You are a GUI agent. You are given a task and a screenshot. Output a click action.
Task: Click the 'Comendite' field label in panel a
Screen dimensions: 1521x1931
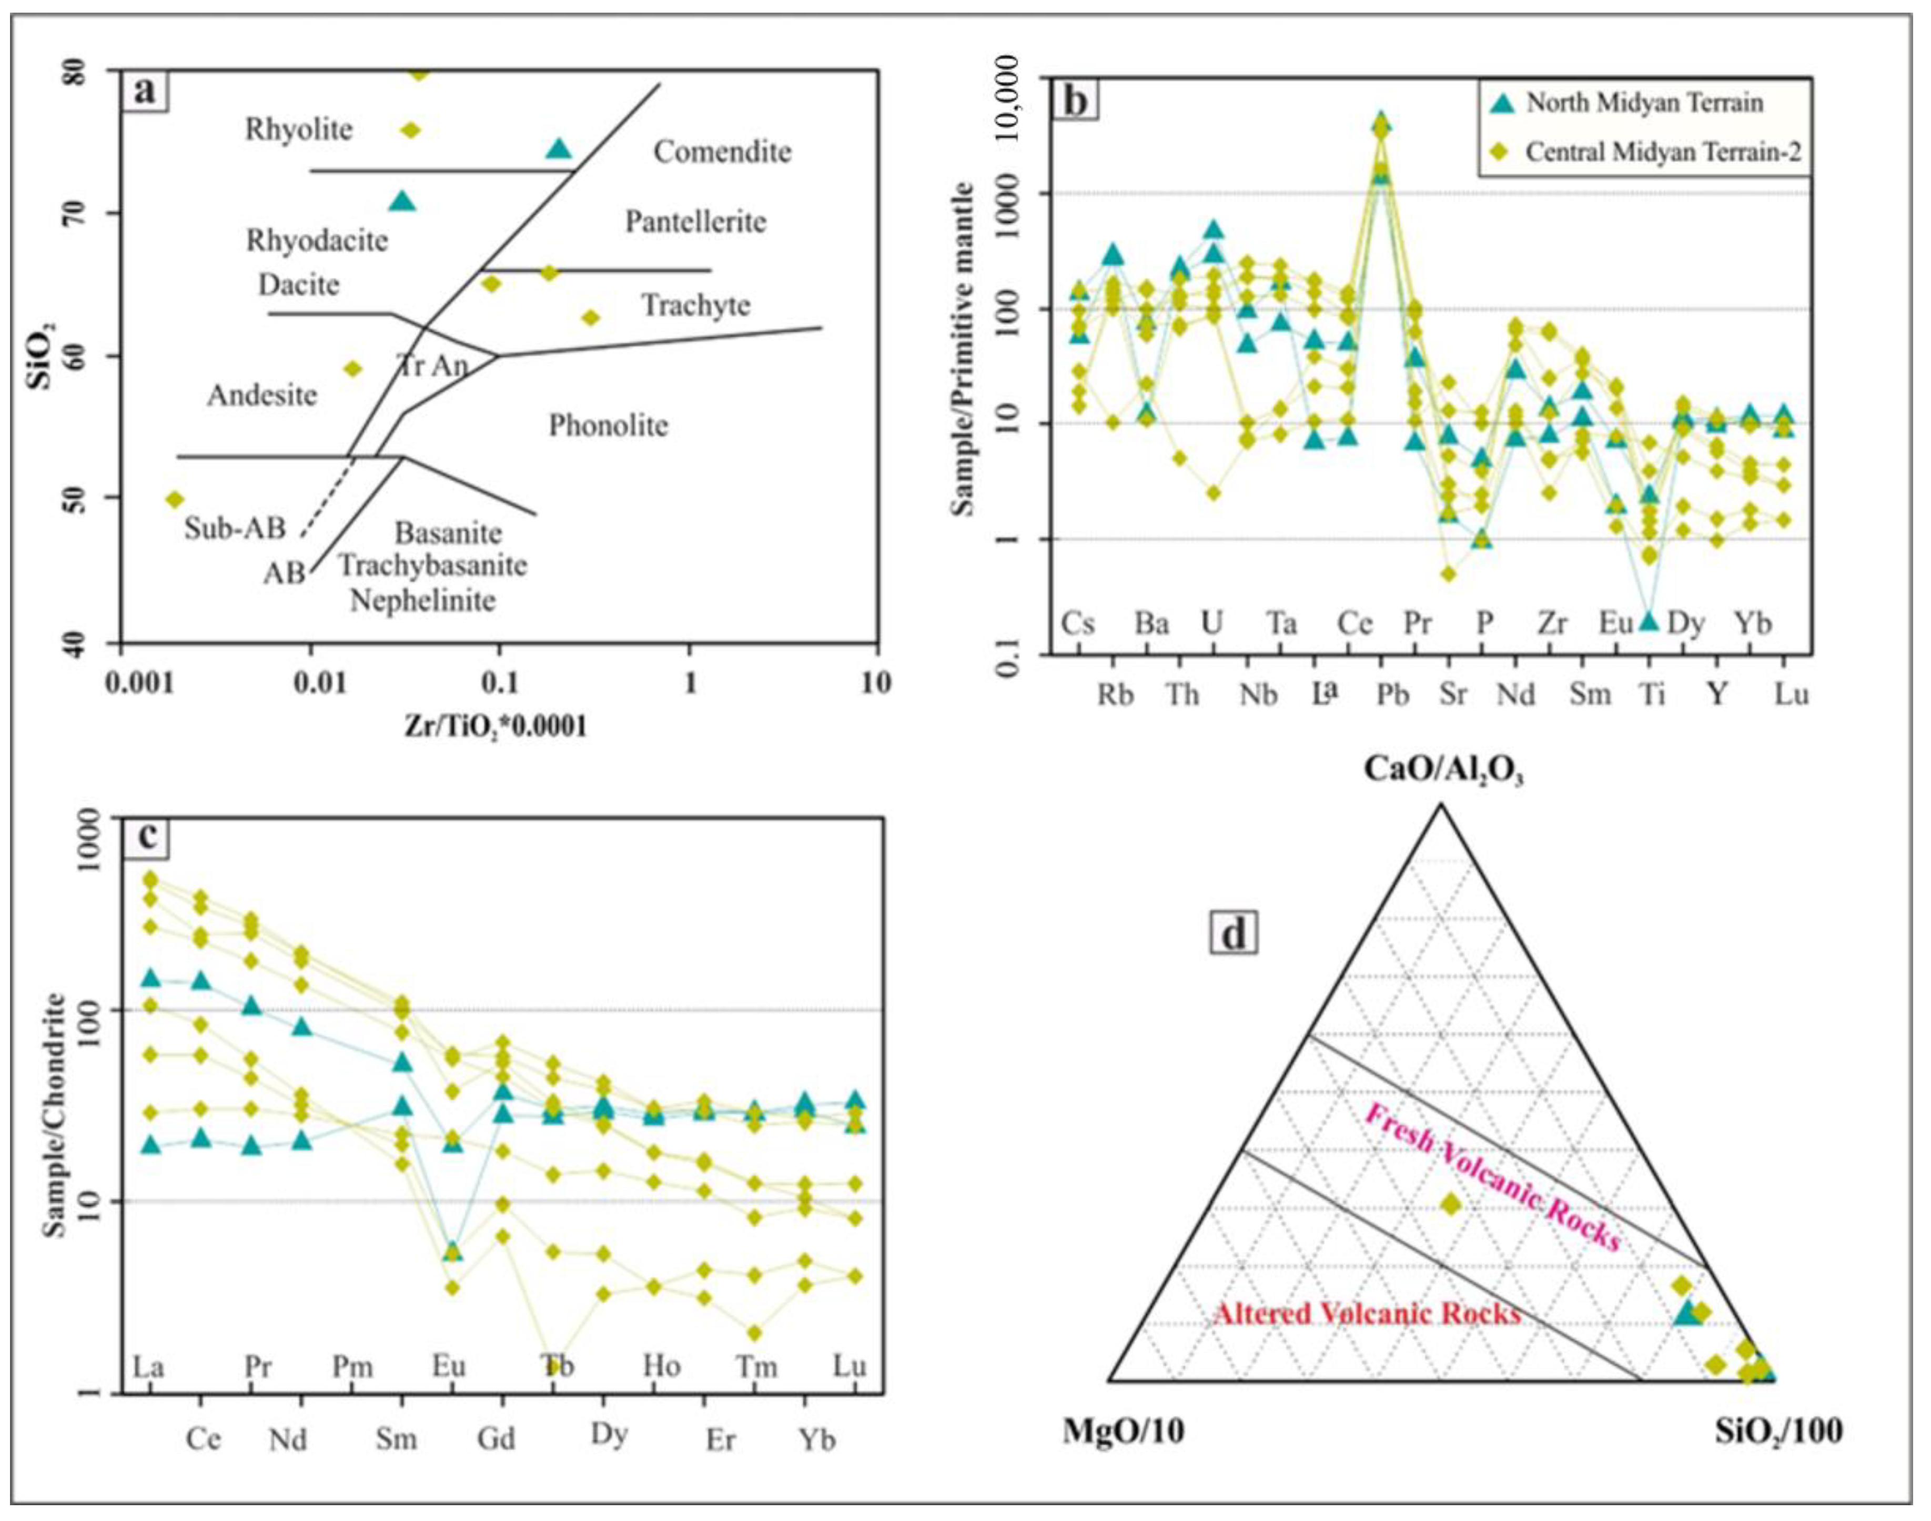722,152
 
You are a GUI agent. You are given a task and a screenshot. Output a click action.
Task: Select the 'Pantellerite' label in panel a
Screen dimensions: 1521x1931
695,221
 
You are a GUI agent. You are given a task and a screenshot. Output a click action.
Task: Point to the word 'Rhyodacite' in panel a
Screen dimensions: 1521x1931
317,240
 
